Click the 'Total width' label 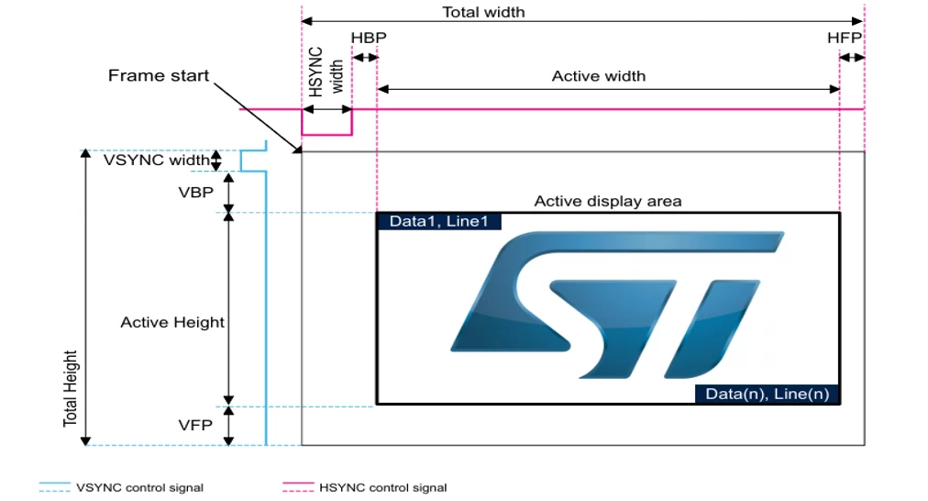(x=483, y=13)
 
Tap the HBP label (x=368, y=38)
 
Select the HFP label (x=844, y=38)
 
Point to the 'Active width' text (x=599, y=76)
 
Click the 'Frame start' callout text (x=159, y=75)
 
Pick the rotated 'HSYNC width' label (x=326, y=72)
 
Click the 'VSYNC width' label (x=156, y=160)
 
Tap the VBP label (x=196, y=192)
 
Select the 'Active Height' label (x=172, y=322)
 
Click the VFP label (x=195, y=425)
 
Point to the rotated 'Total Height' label (x=71, y=388)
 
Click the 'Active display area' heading (x=608, y=201)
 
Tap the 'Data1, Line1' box (x=439, y=221)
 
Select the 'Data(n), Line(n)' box (x=767, y=394)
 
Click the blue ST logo (x=617, y=305)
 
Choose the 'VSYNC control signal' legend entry (x=121, y=487)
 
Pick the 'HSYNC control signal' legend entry (x=365, y=487)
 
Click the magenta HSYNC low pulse (x=326, y=135)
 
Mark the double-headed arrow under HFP (x=852, y=58)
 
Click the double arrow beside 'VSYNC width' (x=216, y=161)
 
